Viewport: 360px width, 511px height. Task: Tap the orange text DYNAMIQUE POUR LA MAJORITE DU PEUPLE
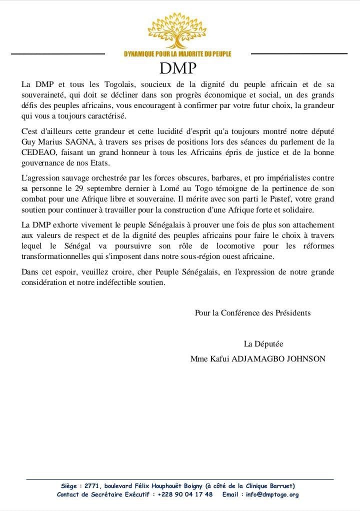click(177, 54)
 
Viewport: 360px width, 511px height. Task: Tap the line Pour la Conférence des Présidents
click(252, 313)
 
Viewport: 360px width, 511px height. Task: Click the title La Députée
click(263, 343)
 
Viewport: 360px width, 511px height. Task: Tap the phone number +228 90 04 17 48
click(185, 494)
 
